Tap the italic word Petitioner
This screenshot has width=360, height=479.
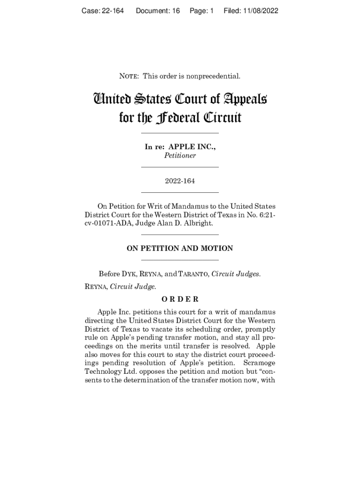point(180,156)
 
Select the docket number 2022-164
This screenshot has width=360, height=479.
point(180,181)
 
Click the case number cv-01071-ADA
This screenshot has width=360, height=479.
point(109,223)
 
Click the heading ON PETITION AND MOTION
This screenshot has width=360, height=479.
point(180,248)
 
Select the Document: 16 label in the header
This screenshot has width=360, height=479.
point(158,10)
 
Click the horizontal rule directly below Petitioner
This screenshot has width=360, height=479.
point(180,167)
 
